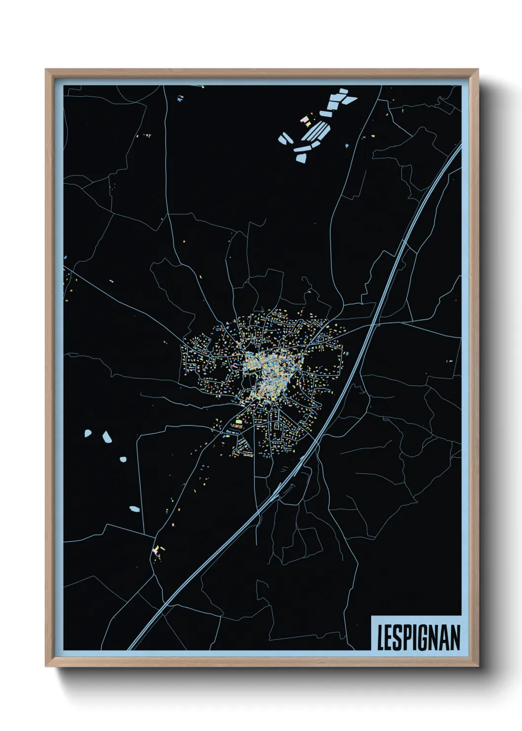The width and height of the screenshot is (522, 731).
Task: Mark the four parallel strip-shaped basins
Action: (317, 131)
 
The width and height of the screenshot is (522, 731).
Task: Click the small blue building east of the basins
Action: (347, 145)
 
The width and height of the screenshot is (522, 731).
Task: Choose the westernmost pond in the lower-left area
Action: (88, 434)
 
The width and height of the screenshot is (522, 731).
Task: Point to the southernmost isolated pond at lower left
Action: (134, 508)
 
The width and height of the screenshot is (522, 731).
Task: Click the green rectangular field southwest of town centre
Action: (239, 421)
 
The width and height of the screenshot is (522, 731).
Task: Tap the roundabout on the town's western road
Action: (211, 355)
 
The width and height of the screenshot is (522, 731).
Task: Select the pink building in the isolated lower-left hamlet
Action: (156, 549)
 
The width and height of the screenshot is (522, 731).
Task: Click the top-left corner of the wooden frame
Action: (46, 70)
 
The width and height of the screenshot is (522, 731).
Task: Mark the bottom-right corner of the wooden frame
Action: (477, 666)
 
